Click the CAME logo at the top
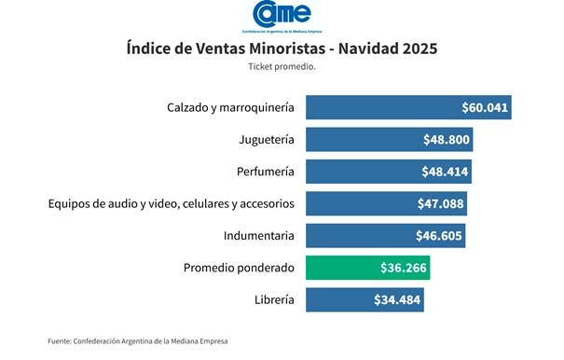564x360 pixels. click(282, 16)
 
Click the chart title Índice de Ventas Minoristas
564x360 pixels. click(282, 48)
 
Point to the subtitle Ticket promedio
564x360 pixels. click(282, 67)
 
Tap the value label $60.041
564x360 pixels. click(485, 107)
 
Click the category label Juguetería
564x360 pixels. click(267, 140)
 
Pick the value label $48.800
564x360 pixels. click(447, 140)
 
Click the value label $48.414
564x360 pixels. click(446, 172)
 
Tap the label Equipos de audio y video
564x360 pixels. click(172, 203)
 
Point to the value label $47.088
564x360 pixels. click(441, 203)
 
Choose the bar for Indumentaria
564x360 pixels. click(364, 236)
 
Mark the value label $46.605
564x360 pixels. click(440, 236)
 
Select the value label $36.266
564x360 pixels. click(404, 268)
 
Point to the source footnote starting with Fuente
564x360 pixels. click(138, 341)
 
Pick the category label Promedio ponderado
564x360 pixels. click(239, 268)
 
